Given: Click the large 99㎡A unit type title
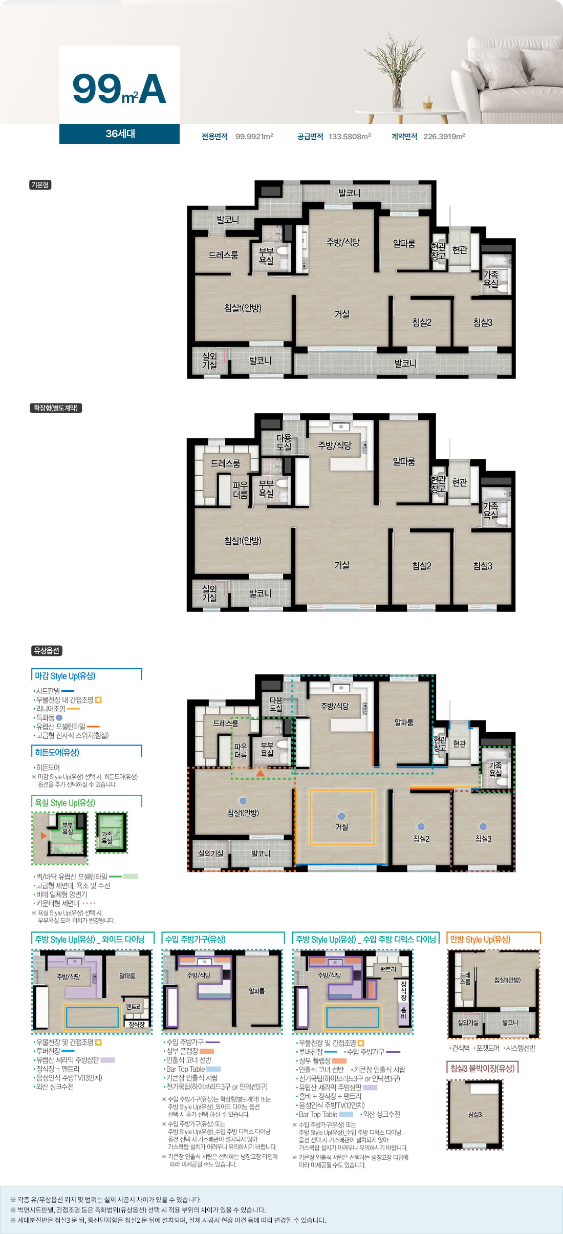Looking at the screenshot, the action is pos(119,89).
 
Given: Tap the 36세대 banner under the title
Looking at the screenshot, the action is pos(120,134).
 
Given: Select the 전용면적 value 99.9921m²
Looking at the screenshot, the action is pos(254,137).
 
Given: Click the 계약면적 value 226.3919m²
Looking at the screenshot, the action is pos(444,137).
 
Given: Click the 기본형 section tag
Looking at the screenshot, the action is pos(40,185).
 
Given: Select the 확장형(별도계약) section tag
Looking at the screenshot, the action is pos(56,408).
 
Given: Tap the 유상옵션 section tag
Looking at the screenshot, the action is pos(47,651).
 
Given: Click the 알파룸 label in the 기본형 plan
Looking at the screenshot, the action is pos(404,244).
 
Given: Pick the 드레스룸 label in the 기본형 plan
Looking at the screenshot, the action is pos(223,255).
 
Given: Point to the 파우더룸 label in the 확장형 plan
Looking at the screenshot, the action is pos(241,490).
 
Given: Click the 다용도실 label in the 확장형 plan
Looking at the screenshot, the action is pos(284,442).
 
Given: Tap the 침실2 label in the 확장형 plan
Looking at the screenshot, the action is pos(422,566).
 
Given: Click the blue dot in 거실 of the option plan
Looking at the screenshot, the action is pos(342,816).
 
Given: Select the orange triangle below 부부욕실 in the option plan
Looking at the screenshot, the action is pos(261,773).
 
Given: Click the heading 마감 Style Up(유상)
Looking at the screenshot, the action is pos(65,676).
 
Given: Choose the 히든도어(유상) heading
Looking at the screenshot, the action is pos(57,752).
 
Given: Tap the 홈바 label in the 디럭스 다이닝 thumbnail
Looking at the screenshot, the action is pos(404,1013).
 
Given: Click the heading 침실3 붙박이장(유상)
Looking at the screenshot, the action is pos(482,1068).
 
